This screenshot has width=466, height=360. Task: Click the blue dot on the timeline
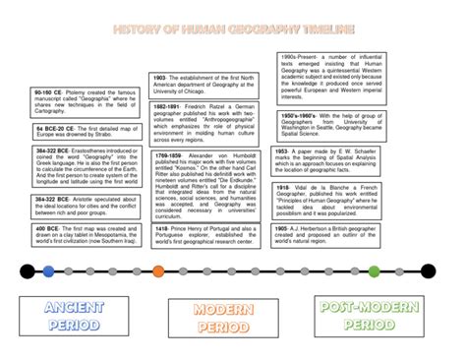point(49,270)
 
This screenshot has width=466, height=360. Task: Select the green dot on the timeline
point(401,270)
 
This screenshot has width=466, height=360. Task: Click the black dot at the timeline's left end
point(26,270)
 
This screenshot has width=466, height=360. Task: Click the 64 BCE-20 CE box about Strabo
point(86,133)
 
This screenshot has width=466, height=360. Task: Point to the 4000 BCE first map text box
point(86,237)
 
